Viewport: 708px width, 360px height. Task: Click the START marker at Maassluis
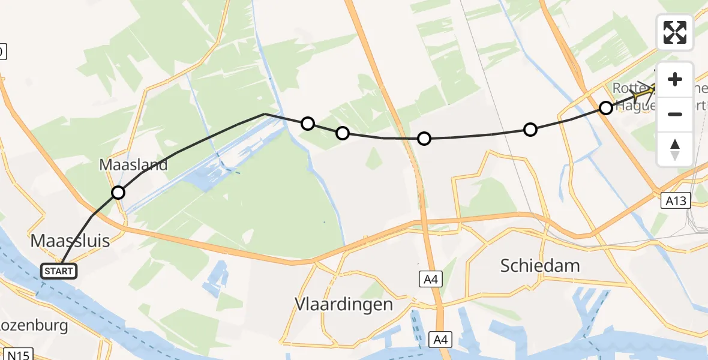(x=59, y=271)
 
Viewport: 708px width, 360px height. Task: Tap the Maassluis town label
(x=71, y=241)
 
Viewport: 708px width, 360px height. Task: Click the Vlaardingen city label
(x=344, y=304)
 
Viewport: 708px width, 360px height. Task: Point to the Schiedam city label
(x=541, y=265)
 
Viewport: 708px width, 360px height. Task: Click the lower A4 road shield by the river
(x=440, y=340)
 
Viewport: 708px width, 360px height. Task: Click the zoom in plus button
(x=675, y=80)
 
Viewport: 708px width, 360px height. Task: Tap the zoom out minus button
(x=675, y=114)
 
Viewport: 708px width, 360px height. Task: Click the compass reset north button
(x=675, y=149)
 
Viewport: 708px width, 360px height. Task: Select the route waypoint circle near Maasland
(x=118, y=193)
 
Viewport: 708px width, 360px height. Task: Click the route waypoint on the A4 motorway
(x=424, y=139)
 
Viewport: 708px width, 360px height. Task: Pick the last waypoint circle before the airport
(x=606, y=108)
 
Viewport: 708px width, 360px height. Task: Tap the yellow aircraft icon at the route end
(x=646, y=93)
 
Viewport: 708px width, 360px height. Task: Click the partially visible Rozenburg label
(x=33, y=326)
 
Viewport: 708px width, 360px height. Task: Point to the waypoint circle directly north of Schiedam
(x=530, y=129)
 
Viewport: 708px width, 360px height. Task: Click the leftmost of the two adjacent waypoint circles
(x=308, y=124)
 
